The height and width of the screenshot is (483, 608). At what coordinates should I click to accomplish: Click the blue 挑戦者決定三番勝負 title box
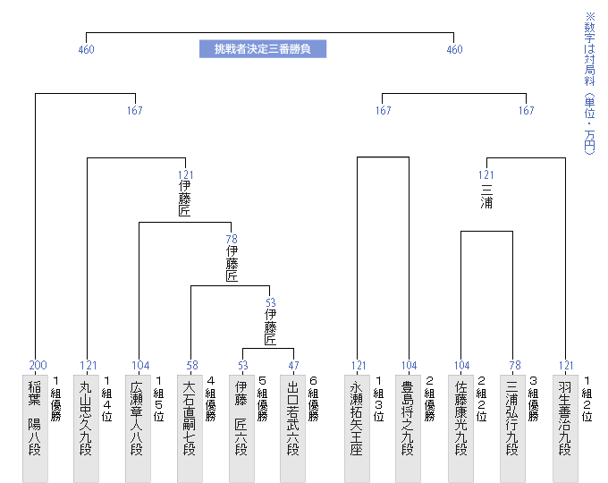pyautogui.click(x=263, y=49)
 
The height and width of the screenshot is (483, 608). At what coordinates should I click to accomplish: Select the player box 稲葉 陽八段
pyautogui.click(x=35, y=428)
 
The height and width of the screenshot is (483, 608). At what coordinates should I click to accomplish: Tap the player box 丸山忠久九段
pyautogui.click(x=86, y=428)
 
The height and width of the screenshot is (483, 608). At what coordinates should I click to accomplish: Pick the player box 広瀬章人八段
pyautogui.click(x=138, y=428)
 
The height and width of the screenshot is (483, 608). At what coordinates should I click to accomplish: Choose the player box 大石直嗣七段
pyautogui.click(x=190, y=428)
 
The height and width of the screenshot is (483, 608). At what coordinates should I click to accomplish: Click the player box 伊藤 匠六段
pyautogui.click(x=241, y=428)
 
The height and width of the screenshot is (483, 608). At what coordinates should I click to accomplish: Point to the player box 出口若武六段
pyautogui.click(x=292, y=428)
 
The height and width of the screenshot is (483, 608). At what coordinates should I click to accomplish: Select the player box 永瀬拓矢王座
pyautogui.click(x=357, y=428)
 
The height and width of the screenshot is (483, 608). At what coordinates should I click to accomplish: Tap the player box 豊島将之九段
pyautogui.click(x=408, y=428)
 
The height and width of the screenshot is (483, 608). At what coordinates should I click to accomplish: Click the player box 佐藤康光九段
pyautogui.click(x=460, y=428)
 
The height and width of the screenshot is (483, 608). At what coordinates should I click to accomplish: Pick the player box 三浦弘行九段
pyautogui.click(x=512, y=428)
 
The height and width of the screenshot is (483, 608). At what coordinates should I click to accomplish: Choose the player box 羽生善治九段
pyautogui.click(x=565, y=428)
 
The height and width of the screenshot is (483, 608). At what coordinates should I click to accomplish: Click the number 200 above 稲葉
pyautogui.click(x=38, y=365)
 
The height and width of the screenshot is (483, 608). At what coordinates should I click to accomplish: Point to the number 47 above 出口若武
pyautogui.click(x=293, y=366)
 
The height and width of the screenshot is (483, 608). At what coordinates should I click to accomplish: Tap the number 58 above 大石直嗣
pyautogui.click(x=192, y=366)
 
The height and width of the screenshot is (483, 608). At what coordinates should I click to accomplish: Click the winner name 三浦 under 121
pyautogui.click(x=486, y=196)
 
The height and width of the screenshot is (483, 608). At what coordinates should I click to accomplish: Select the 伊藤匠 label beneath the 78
pyautogui.click(x=232, y=264)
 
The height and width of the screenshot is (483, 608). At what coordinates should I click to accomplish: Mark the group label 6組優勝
pyautogui.click(x=313, y=398)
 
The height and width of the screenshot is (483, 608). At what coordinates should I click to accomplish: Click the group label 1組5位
pyautogui.click(x=158, y=398)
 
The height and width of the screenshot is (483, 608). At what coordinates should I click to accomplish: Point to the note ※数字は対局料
pyautogui.click(x=589, y=49)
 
